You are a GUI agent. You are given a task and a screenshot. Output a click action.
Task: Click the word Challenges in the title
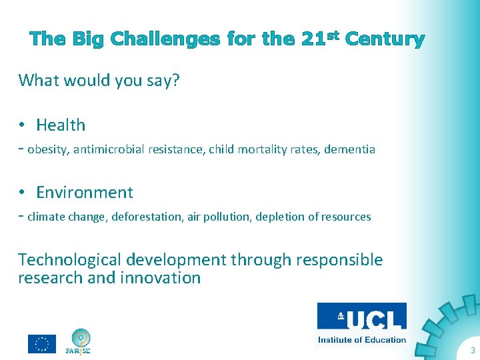(165, 39)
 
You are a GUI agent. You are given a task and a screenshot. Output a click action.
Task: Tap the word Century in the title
(385, 39)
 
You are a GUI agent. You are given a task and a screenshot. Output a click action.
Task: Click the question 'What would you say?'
(99, 81)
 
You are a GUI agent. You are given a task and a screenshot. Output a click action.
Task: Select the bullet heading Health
(61, 125)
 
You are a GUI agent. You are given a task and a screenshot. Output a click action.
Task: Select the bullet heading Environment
(84, 193)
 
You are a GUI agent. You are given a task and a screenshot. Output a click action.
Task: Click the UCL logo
(361, 319)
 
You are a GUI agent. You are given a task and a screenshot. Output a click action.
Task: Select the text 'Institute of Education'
(361, 339)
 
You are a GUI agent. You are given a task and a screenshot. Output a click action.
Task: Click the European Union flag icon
(41, 343)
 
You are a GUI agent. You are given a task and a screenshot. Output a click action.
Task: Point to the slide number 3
(472, 351)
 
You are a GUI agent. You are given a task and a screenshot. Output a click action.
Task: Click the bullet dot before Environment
(22, 193)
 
